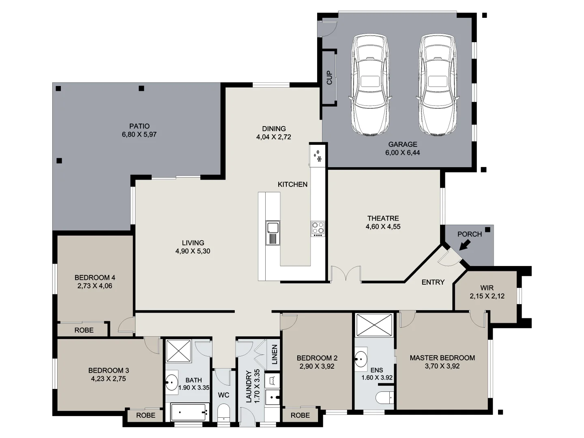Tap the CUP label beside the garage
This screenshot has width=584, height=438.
tap(329, 77)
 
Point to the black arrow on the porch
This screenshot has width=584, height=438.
tap(465, 245)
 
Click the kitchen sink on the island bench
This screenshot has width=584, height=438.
tap(273, 233)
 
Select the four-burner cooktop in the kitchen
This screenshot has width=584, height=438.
tap(318, 229)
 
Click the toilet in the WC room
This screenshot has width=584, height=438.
tap(223, 414)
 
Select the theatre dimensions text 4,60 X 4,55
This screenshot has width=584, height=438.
tap(383, 227)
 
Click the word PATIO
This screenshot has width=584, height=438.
tap(139, 126)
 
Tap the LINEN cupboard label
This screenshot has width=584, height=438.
tap(275, 354)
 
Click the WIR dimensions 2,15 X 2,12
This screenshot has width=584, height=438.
tap(487, 296)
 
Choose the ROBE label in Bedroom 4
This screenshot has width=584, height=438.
tap(84, 330)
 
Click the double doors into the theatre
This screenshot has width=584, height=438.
tap(346, 275)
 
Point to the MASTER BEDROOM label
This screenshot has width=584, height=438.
tap(442, 358)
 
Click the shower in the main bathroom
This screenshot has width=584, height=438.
tap(179, 351)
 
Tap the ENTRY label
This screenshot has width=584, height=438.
tap(433, 282)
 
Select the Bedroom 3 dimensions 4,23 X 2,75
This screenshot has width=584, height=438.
tap(108, 379)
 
